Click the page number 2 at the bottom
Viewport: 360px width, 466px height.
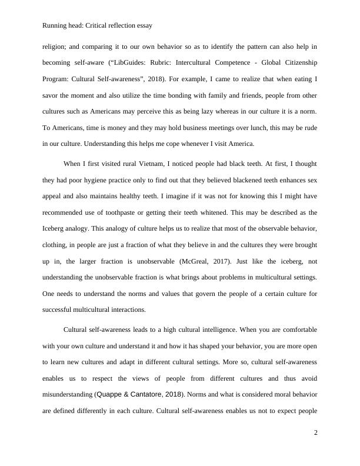316,433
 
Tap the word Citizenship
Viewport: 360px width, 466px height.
296,62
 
